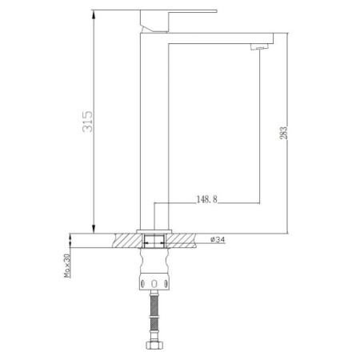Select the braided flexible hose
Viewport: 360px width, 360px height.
pyautogui.click(x=154, y=319)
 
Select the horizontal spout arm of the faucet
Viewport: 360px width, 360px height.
pyautogui.click(x=216, y=37)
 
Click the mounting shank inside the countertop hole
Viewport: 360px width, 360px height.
pyautogui.click(x=154, y=239)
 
